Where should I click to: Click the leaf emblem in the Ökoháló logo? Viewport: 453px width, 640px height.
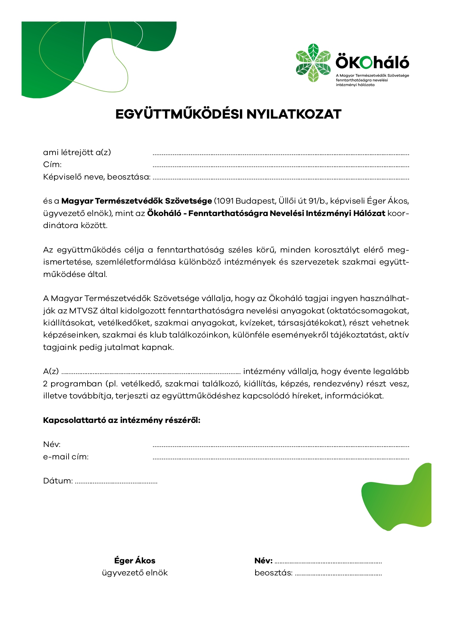click(x=313, y=63)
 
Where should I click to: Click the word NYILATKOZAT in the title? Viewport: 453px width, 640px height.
click(x=293, y=114)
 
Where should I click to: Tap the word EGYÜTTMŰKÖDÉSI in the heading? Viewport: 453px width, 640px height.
click(x=179, y=114)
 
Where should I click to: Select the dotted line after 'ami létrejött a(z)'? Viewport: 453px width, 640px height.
click(x=280, y=155)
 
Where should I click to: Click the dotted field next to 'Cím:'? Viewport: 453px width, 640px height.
click(x=280, y=167)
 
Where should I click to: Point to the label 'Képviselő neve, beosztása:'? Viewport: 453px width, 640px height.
click(x=97, y=177)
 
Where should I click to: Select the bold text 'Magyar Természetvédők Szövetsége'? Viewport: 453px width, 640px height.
click(x=137, y=201)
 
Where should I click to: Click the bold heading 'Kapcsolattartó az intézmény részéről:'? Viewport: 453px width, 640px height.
click(x=122, y=420)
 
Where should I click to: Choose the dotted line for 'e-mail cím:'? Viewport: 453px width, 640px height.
click(x=280, y=459)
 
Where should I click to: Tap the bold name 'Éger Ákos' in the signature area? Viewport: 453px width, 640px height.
click(x=135, y=561)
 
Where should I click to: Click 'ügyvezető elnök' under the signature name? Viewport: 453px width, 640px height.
click(x=135, y=573)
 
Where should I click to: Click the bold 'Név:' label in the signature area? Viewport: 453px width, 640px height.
click(x=263, y=561)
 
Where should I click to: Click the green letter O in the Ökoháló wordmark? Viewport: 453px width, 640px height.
click(x=366, y=63)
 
